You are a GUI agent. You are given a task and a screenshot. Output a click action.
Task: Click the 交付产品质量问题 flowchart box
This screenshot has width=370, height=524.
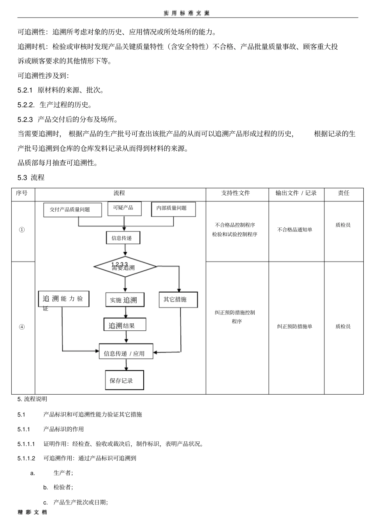coord(72,210)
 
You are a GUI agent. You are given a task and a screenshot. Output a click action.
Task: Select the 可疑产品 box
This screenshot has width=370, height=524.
coord(124,208)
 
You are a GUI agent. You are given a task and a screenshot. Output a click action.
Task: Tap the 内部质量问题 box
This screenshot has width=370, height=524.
coord(173,209)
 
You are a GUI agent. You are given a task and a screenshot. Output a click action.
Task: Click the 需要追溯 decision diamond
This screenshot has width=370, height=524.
coord(125,266)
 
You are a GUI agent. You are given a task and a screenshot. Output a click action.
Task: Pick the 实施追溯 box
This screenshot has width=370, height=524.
coord(125,300)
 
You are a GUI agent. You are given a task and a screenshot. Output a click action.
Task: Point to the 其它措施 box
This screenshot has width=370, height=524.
coord(178,300)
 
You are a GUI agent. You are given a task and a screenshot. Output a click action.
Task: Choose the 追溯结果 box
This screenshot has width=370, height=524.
coord(125,324)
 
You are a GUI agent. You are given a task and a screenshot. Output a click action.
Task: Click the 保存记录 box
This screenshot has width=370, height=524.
coord(124,380)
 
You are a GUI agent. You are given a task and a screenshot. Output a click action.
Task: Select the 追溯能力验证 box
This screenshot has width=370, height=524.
coord(63,299)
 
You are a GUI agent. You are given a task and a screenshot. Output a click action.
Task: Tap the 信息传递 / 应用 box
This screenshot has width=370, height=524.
coord(126,351)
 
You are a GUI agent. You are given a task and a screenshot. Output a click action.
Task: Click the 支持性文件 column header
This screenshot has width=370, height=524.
coord(236,193)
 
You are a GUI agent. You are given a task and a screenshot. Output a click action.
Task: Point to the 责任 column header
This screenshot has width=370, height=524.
coord(344,193)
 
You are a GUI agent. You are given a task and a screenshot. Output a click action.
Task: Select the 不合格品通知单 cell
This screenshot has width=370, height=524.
coord(295,230)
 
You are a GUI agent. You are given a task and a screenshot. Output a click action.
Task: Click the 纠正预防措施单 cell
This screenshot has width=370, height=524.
coord(295,326)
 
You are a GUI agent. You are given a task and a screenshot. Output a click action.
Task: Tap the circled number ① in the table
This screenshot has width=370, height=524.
coord(21,230)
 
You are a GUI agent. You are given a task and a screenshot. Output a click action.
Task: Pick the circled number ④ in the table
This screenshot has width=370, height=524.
coord(21,327)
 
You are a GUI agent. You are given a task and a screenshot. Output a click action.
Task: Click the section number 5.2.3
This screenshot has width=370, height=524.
coord(25,120)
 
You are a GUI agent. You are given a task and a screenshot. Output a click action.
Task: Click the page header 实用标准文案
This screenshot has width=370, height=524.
coord(187,13)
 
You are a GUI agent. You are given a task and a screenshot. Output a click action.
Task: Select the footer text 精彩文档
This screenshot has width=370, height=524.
coord(32,519)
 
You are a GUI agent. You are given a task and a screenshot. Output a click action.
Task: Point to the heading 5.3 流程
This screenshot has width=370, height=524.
coord(31,178)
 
